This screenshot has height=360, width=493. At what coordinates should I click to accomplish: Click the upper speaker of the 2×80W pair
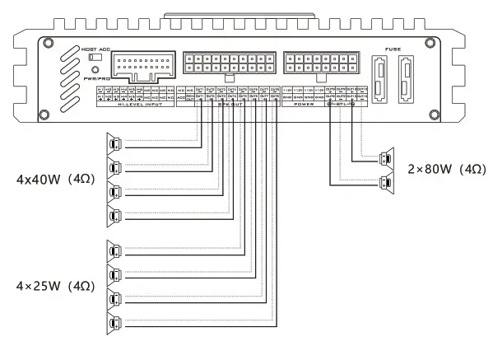[x=384, y=157]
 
